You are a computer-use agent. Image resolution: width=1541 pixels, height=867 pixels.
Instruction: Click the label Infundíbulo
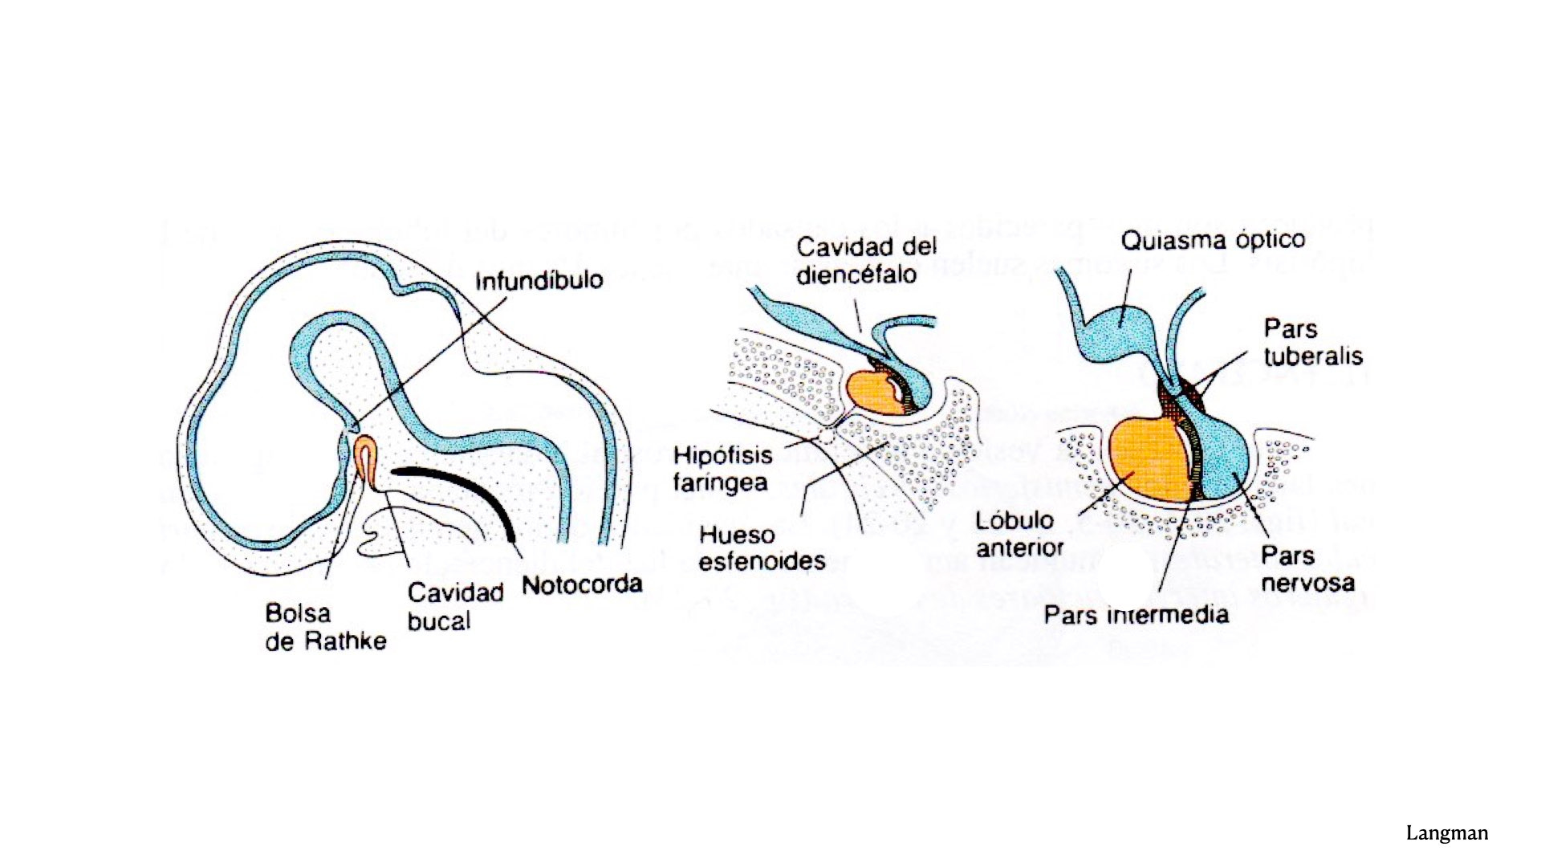[x=539, y=281]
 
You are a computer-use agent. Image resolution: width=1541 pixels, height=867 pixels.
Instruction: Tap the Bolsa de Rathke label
[x=325, y=627]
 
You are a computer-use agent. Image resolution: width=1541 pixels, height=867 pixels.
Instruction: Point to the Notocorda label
[x=582, y=584]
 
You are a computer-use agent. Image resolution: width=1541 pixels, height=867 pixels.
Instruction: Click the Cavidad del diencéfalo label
[x=866, y=260]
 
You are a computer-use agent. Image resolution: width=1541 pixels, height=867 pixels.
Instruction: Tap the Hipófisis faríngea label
[x=722, y=469]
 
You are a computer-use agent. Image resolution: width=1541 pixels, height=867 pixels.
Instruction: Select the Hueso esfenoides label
[x=761, y=547]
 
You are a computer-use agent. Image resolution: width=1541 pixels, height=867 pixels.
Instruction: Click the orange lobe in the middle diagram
[x=875, y=393]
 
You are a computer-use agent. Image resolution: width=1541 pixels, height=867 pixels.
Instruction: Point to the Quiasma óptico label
[x=1212, y=240]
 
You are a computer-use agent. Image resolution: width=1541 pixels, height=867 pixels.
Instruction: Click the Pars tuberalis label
[x=1312, y=342]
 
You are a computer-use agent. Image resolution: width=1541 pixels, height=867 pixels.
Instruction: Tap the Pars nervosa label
[x=1307, y=568]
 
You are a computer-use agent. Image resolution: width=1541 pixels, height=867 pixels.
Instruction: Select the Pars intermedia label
[x=1136, y=615]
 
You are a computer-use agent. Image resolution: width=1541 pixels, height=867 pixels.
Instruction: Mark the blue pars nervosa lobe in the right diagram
[x=1224, y=458]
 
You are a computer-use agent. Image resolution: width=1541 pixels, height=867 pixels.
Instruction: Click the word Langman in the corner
[x=1446, y=833]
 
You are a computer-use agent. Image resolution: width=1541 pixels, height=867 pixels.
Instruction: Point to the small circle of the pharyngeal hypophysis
[x=827, y=436]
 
